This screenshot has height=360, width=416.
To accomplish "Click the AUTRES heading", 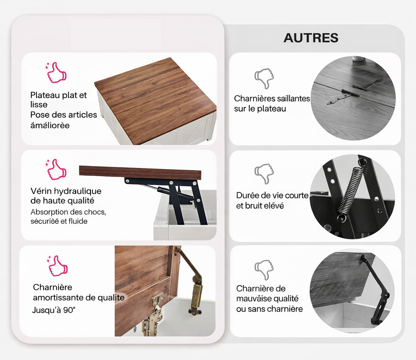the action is coord(311,38).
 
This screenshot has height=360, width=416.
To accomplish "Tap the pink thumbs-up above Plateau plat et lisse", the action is coord(56,72).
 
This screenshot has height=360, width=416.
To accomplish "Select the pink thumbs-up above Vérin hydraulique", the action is coord(56,169).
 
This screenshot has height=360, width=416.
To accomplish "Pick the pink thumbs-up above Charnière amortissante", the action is coord(57,265).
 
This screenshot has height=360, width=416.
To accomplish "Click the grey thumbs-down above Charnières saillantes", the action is coord(264,78).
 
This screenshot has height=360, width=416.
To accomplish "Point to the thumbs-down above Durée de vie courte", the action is coord(264,174).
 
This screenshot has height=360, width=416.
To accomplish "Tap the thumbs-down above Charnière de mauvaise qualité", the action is coord(264,270).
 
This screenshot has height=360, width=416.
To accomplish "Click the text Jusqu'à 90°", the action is coord(54,310).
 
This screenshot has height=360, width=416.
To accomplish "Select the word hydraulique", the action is coord(78,191).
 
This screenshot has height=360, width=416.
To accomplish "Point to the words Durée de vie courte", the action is coord(273,195).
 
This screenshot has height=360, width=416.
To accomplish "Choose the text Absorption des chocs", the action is coord(68,212).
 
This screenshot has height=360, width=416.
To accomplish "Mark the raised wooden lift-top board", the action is coord(140,172).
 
